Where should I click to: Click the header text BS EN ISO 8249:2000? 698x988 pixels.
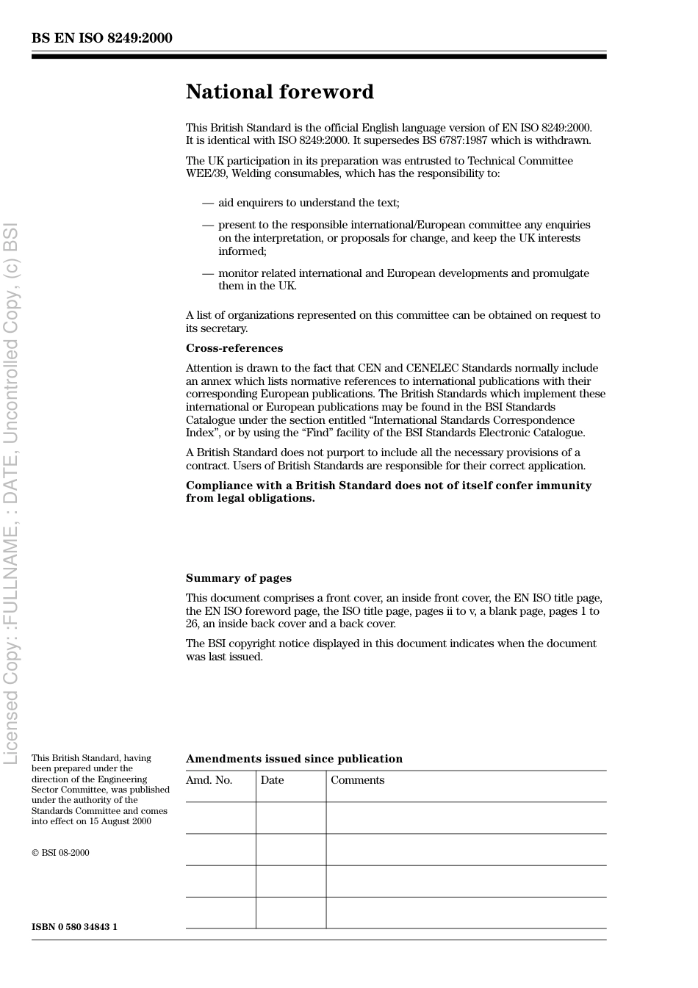[x=101, y=38]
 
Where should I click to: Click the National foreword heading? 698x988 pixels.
[x=279, y=92]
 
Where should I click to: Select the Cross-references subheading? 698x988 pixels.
[x=234, y=348]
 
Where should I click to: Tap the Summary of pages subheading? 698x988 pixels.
[x=238, y=578]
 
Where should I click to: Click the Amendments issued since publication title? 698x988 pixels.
[x=294, y=759]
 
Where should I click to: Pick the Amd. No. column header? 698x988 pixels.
[x=209, y=780]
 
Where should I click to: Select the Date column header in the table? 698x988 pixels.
[x=272, y=780]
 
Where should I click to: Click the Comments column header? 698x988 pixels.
[x=357, y=780]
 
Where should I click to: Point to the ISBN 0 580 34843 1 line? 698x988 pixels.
[x=74, y=927]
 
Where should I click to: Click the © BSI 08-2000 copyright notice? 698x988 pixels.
[x=60, y=853]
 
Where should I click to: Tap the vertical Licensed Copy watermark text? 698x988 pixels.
[x=11, y=492]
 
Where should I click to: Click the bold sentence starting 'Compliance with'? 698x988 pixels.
[x=388, y=491]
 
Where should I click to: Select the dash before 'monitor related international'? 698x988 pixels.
[x=208, y=273]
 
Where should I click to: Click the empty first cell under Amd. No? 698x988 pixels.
[x=220, y=818]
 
